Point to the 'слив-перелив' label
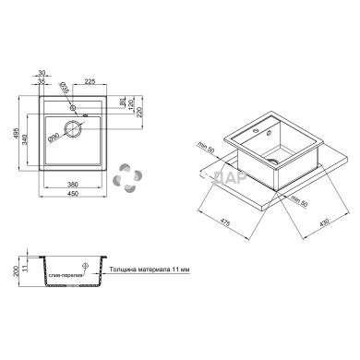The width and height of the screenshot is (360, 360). tap(66, 277)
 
